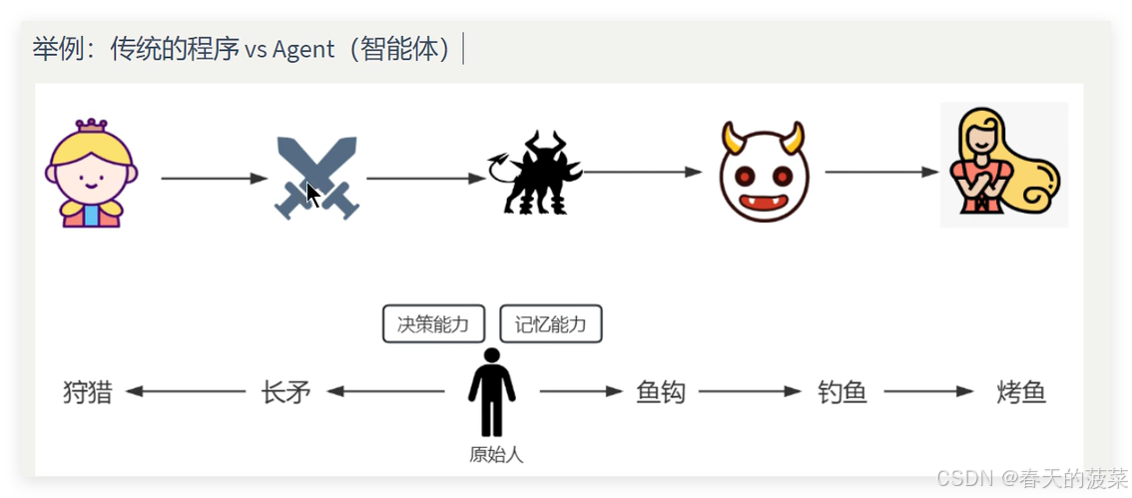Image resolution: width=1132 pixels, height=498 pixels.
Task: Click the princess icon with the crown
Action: tap(91, 174)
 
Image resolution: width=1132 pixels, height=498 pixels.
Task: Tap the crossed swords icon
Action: tap(315, 179)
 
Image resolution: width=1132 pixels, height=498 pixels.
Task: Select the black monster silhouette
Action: tap(536, 173)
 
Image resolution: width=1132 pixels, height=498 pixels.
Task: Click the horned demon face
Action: tap(763, 173)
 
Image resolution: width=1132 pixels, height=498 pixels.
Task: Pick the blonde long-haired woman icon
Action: tap(1003, 165)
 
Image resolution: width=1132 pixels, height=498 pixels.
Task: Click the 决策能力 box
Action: tap(433, 324)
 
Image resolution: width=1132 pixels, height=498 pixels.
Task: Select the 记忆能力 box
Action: tap(551, 324)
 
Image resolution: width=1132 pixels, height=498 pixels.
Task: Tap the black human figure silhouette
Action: tap(491, 392)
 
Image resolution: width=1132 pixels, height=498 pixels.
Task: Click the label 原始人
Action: tap(495, 455)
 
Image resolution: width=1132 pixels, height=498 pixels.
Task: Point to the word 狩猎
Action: tap(87, 392)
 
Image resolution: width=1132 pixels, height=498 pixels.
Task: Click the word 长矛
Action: tap(285, 392)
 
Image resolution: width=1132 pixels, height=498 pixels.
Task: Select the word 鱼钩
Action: tap(661, 392)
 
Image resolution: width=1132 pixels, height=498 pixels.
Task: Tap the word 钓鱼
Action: tap(842, 392)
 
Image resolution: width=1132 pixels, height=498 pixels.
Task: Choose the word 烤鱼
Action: tap(1021, 392)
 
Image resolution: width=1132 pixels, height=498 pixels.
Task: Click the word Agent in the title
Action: tap(302, 49)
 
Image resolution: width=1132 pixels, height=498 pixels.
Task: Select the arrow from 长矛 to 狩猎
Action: tap(186, 392)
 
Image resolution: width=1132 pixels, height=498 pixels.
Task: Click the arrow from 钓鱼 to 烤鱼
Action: tap(927, 392)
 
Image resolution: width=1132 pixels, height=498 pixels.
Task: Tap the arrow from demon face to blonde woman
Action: tap(881, 172)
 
